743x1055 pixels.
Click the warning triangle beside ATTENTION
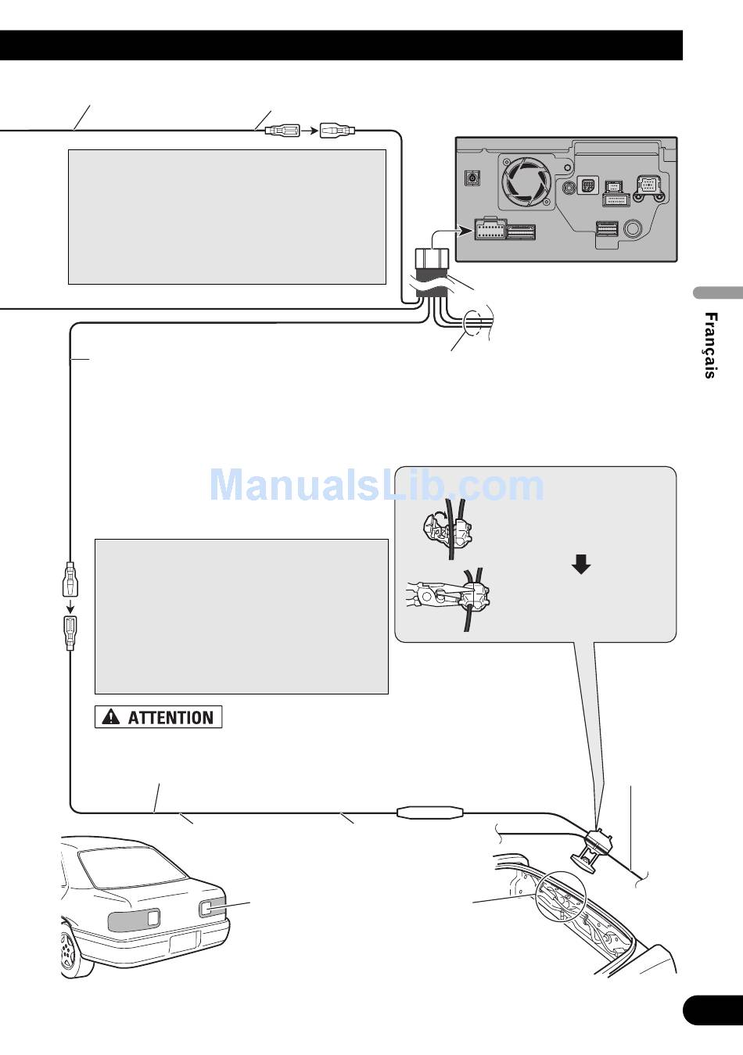111,716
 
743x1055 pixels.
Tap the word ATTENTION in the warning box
170,717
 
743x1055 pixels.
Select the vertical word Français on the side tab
709,345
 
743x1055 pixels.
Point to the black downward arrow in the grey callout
581,564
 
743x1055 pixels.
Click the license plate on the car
185,941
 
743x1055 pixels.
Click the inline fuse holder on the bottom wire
430,813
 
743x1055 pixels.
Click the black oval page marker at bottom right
712,1010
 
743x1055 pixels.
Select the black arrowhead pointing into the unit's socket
467,230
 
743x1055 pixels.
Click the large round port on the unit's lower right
632,230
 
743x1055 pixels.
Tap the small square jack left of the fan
472,179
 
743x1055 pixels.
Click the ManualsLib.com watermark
376,486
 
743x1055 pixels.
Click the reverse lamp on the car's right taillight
207,908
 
